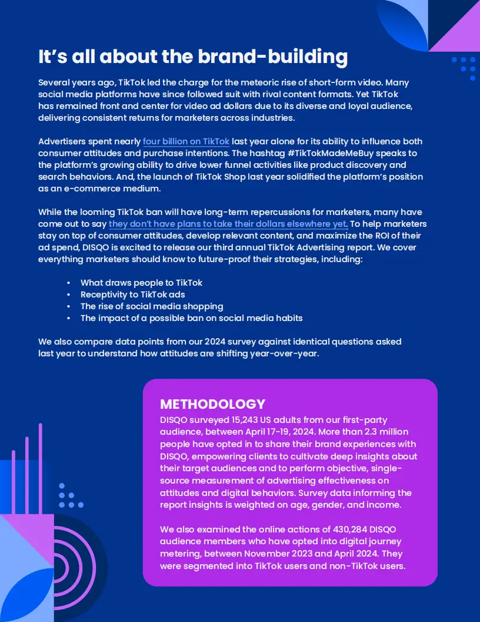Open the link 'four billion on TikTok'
coord(186,142)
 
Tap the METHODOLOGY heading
coord(212,404)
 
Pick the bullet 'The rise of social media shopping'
coord(152,306)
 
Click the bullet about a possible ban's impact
coord(191,318)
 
